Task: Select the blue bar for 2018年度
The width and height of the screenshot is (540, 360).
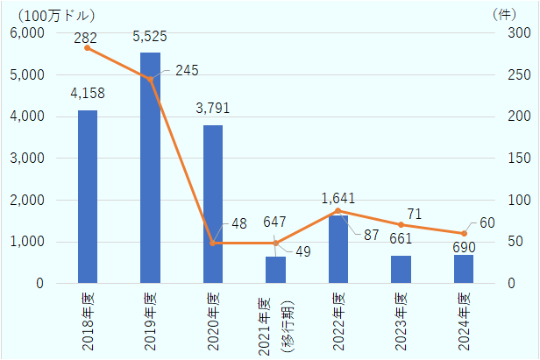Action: (x=88, y=197)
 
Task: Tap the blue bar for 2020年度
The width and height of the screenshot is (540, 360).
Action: (x=213, y=204)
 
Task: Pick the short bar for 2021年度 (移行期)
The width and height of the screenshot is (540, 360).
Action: (x=275, y=270)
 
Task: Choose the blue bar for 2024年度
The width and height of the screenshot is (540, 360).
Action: (x=464, y=269)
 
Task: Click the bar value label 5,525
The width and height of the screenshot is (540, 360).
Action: (x=149, y=37)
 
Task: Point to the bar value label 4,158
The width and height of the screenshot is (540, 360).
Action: (x=88, y=94)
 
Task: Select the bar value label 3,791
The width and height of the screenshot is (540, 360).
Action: (x=212, y=109)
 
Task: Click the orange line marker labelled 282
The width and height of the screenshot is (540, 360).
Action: (x=88, y=47)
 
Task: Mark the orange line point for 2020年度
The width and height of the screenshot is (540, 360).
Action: (x=213, y=243)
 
